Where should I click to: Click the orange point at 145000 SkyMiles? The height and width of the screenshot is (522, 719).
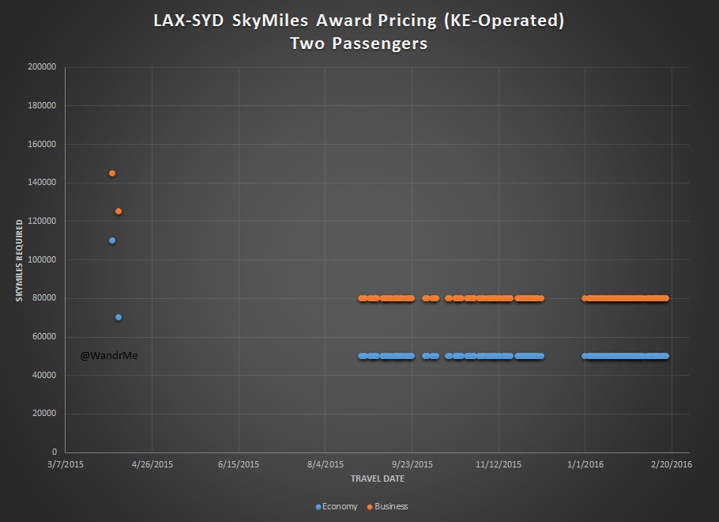pyautogui.click(x=112, y=173)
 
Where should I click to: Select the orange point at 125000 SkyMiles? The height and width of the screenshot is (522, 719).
pyautogui.click(x=119, y=211)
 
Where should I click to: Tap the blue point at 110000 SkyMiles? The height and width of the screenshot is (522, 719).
pyautogui.click(x=112, y=240)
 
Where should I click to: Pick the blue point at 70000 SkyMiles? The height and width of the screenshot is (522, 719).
pyautogui.click(x=119, y=317)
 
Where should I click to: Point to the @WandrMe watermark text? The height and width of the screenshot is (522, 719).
pyautogui.click(x=109, y=356)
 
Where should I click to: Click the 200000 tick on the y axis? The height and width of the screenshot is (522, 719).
pyautogui.click(x=41, y=67)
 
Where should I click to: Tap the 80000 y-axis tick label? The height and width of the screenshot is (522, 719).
pyautogui.click(x=43, y=298)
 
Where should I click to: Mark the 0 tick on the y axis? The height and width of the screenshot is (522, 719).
pyautogui.click(x=53, y=452)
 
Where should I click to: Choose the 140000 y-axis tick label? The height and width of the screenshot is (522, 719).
pyautogui.click(x=41, y=183)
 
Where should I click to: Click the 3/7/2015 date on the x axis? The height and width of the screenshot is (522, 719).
pyautogui.click(x=65, y=464)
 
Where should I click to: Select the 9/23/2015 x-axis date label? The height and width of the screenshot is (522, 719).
pyautogui.click(x=412, y=464)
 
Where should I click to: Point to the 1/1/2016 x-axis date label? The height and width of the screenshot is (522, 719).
pyautogui.click(x=585, y=464)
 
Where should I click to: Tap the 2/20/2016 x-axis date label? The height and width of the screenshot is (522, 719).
pyautogui.click(x=671, y=464)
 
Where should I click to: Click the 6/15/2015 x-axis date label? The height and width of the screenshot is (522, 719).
pyautogui.click(x=239, y=464)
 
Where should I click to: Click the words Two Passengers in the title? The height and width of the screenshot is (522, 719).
pyautogui.click(x=359, y=43)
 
